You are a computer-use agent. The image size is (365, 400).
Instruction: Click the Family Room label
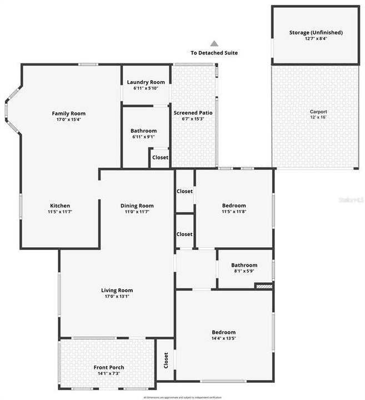point(69,113)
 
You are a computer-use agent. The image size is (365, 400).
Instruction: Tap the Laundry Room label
point(146,82)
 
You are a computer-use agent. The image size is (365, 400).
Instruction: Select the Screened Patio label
point(193,113)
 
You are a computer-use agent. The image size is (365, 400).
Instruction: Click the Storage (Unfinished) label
point(316,33)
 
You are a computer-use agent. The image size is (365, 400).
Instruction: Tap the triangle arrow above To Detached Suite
point(214,43)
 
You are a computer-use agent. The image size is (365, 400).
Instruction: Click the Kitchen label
point(60,206)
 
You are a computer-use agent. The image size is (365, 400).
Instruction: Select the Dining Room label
point(137,206)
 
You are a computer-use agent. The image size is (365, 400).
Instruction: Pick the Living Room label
point(117,290)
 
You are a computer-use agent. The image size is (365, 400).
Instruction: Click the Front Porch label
point(108,367)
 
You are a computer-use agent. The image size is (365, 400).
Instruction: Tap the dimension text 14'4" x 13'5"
point(224,338)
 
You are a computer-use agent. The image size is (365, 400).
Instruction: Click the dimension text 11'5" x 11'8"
point(234,212)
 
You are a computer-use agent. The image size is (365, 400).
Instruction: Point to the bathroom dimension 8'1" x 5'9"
point(244,271)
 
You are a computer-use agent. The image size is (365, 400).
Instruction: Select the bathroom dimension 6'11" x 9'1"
point(143,137)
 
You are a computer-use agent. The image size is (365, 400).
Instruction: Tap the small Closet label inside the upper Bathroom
point(160,157)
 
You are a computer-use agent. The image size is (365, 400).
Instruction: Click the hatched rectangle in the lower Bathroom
point(264,286)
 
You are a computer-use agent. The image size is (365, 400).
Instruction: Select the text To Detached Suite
point(214,53)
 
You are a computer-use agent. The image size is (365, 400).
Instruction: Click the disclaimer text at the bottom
point(182,397)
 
